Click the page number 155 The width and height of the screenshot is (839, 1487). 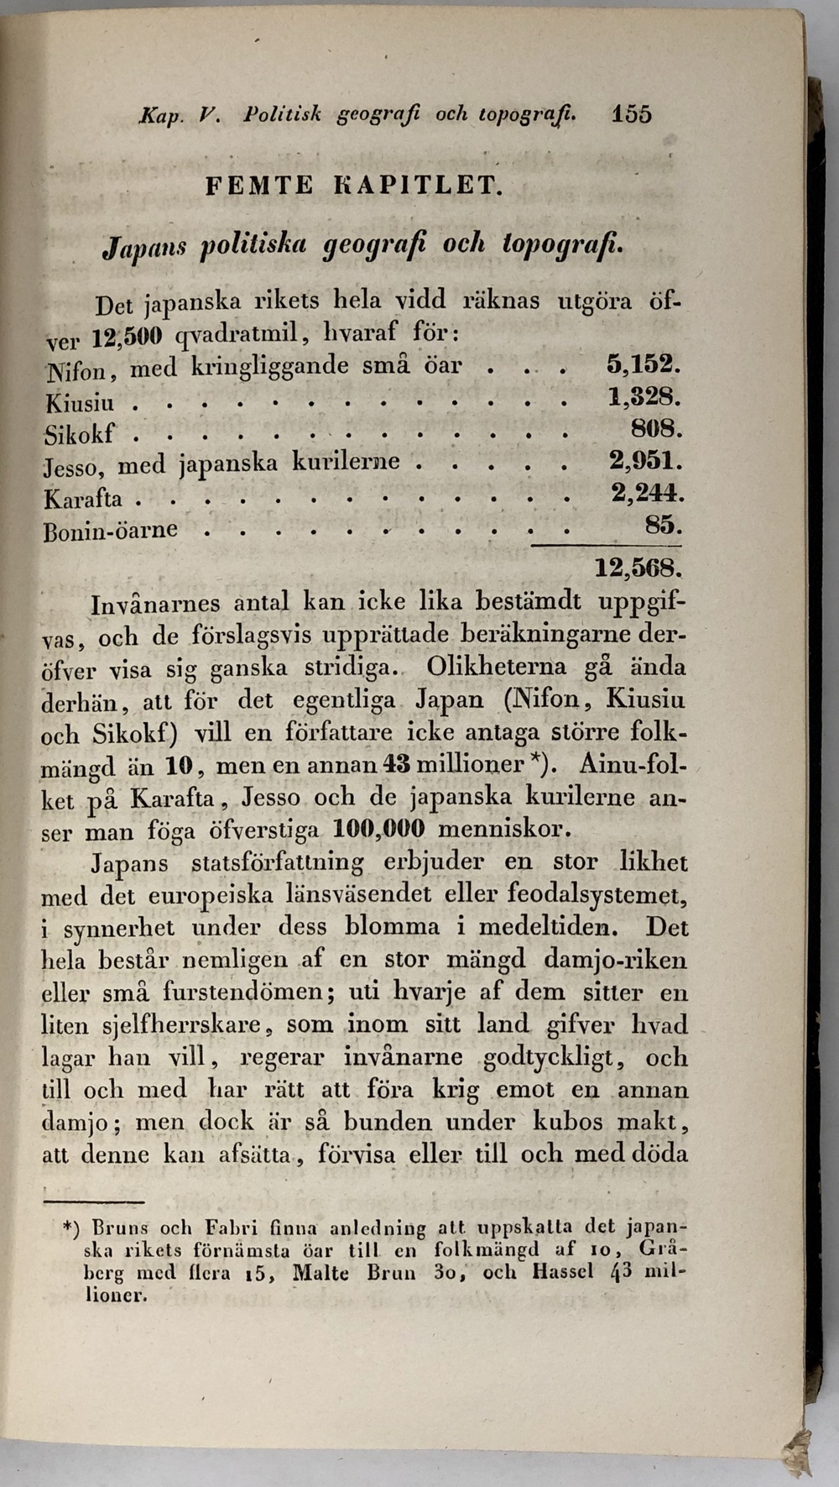click(632, 114)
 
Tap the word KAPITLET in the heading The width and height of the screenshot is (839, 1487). click(418, 185)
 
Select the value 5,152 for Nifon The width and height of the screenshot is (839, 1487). click(643, 365)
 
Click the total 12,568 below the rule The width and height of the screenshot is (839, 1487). click(638, 568)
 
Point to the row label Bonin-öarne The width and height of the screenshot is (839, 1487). click(111, 530)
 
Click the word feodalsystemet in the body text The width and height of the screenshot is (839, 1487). click(598, 895)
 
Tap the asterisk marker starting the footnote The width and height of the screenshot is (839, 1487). click(71, 1228)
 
